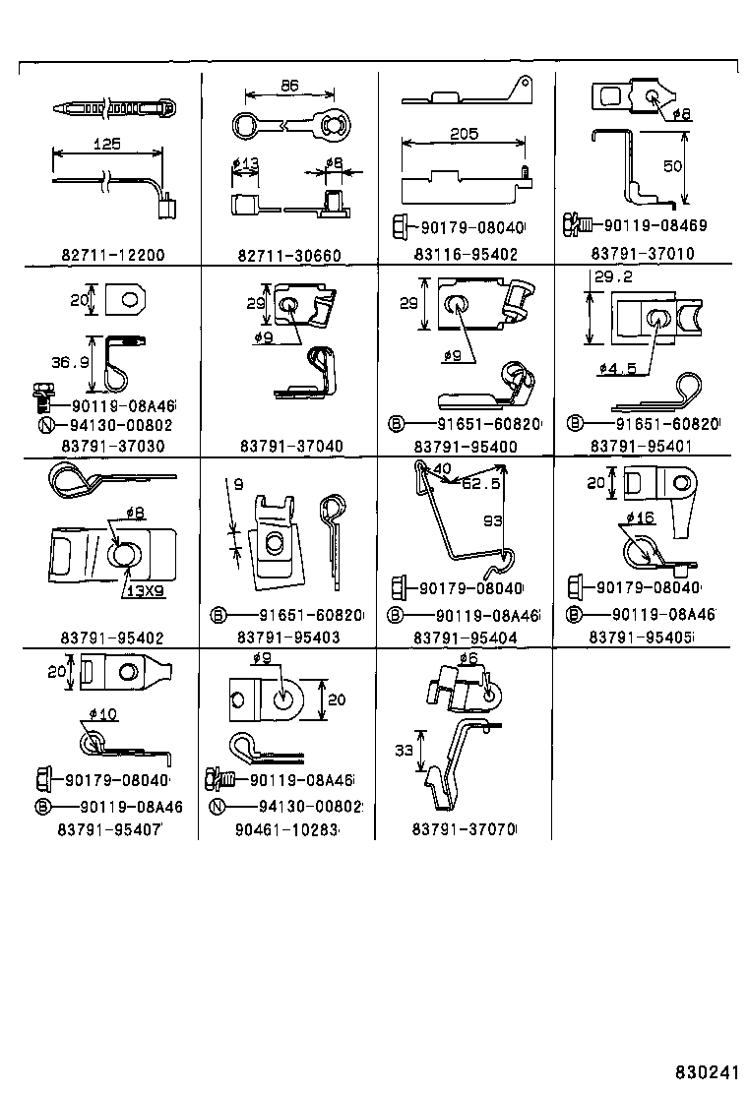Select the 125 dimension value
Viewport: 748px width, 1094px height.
pos(107,144)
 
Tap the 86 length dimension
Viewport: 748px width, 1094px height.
pos(291,86)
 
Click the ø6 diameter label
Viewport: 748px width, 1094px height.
pos(468,658)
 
